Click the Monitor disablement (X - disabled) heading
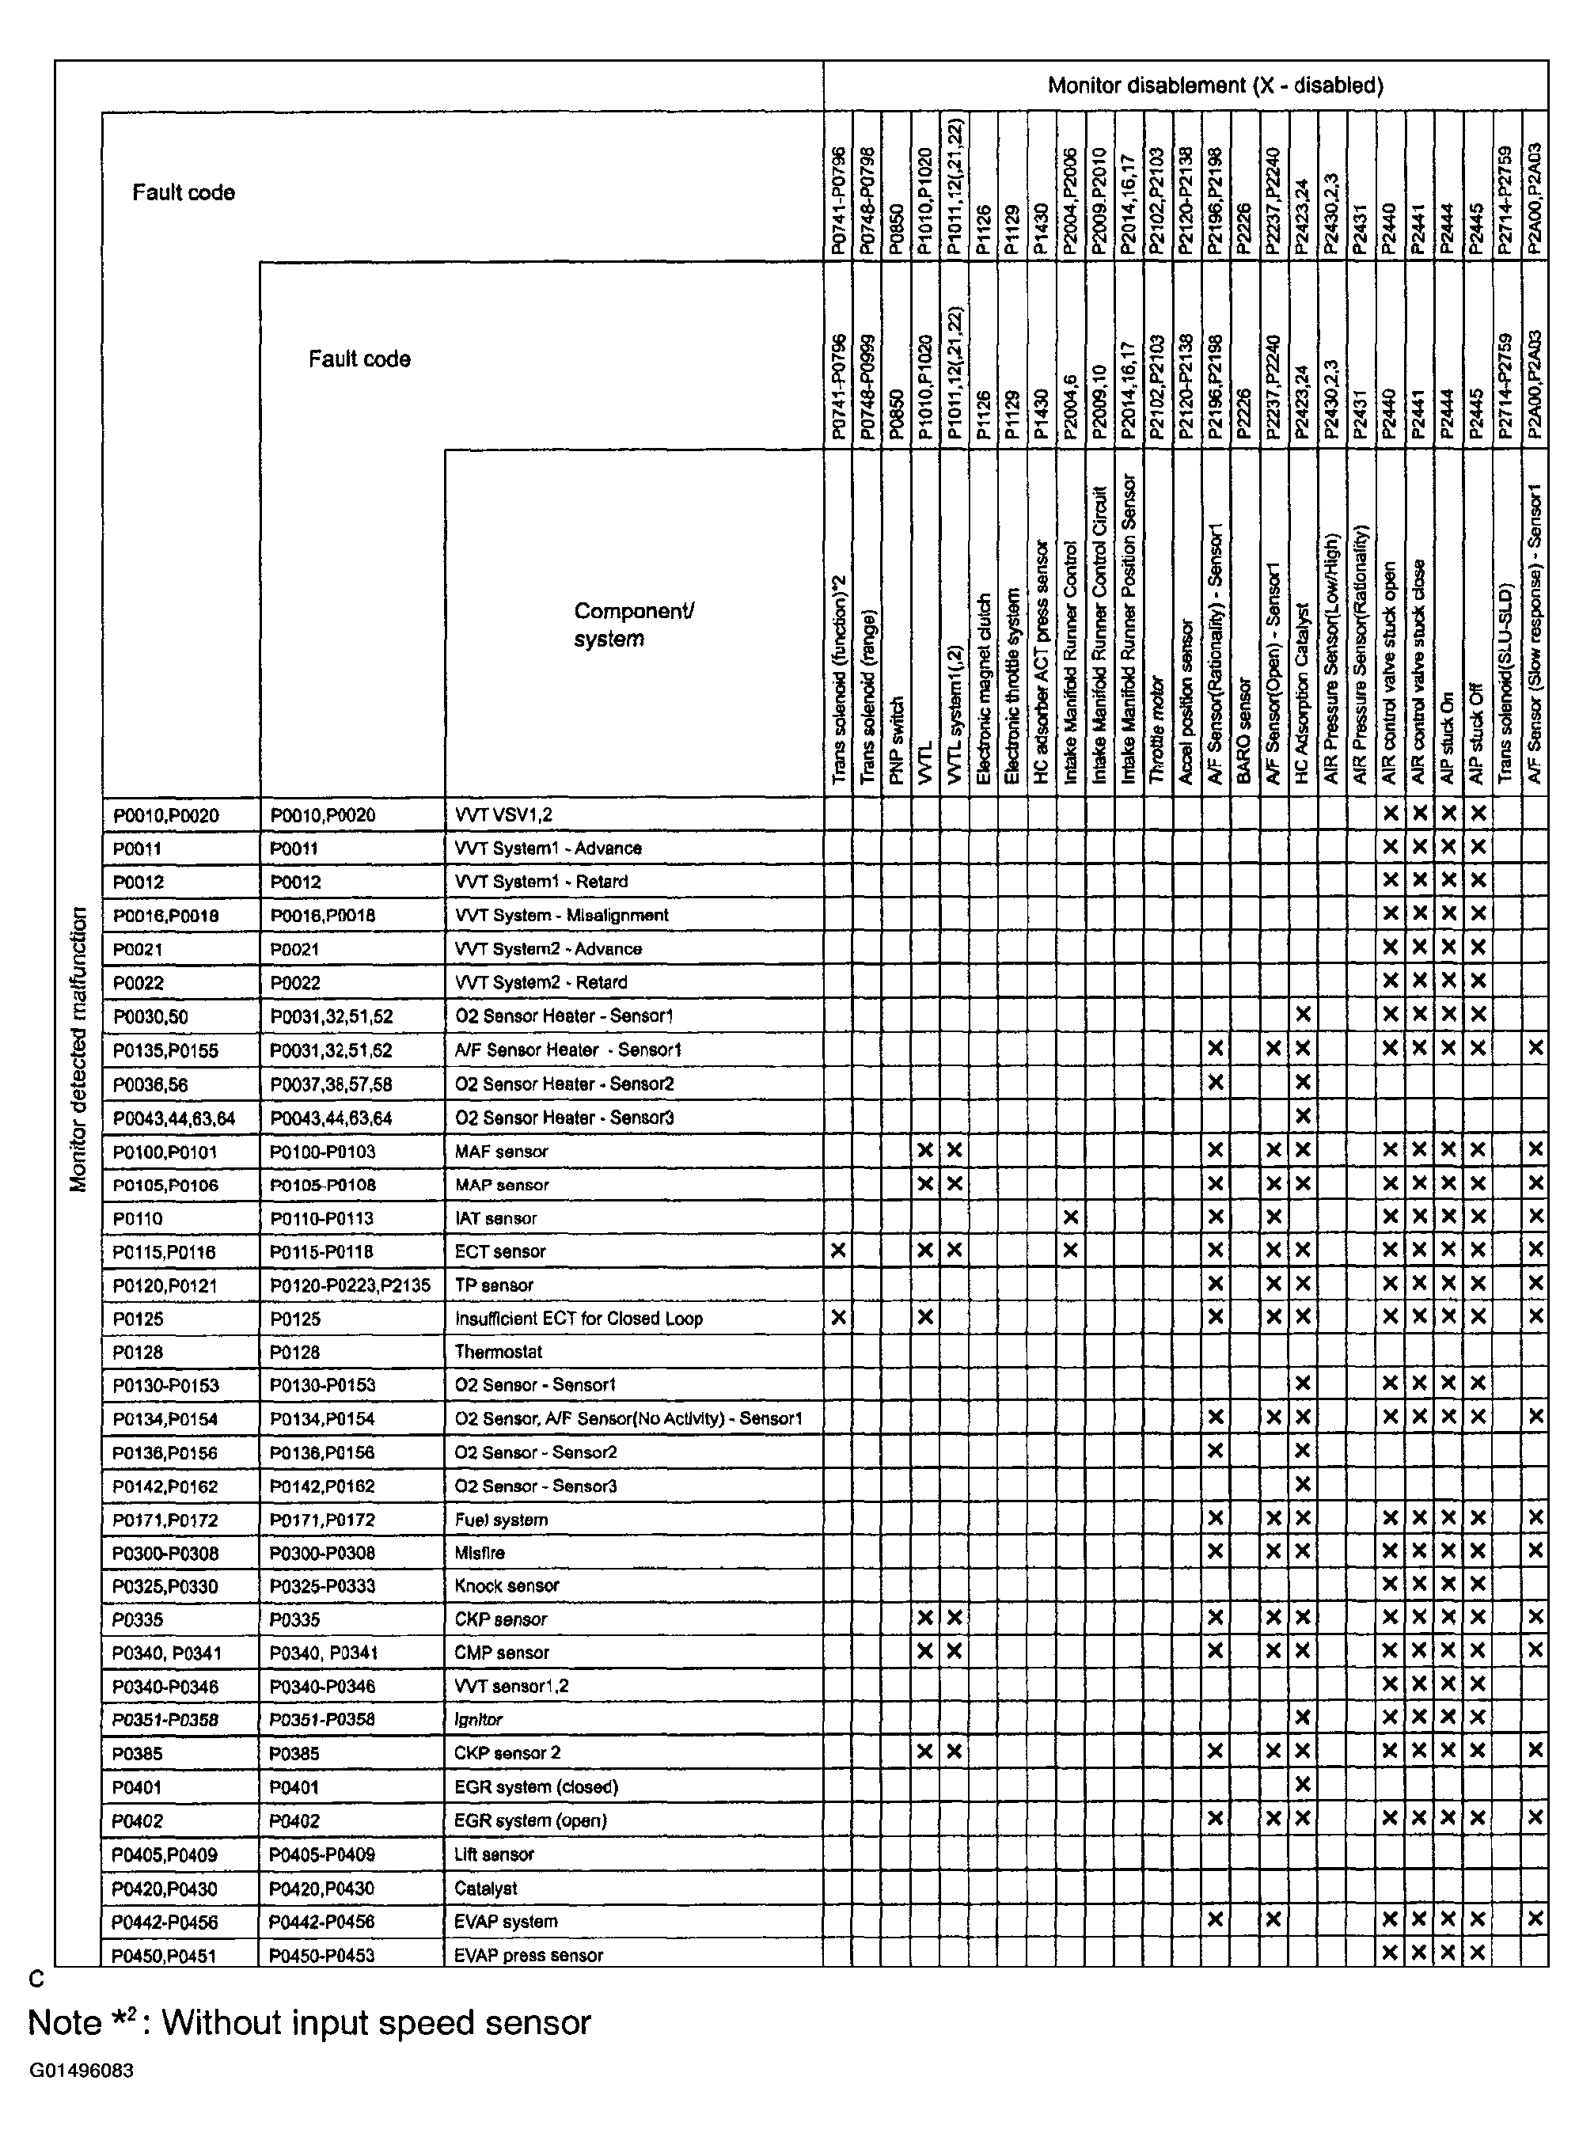point(1215,86)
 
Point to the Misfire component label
point(480,1553)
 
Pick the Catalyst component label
point(485,1888)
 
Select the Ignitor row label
point(479,1719)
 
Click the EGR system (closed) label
point(536,1786)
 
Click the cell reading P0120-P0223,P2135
point(350,1285)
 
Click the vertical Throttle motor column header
point(1156,731)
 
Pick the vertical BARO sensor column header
point(1243,731)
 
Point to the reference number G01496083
point(82,2071)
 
